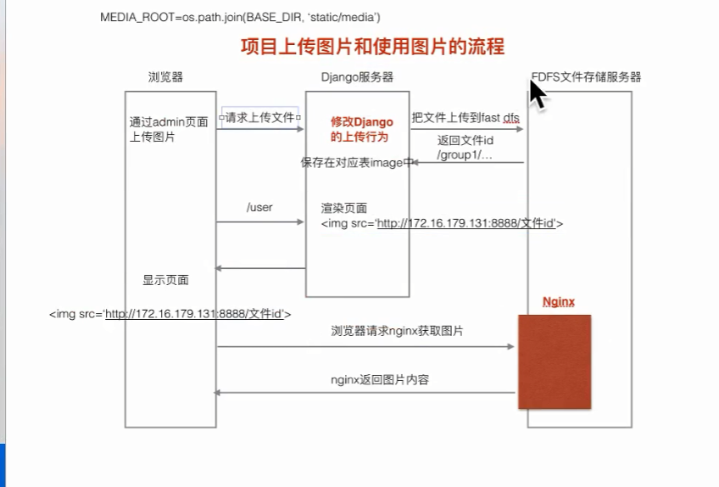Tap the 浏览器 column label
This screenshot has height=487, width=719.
click(x=165, y=77)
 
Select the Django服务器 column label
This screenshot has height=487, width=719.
click(x=357, y=77)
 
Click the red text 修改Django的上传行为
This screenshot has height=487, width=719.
click(x=362, y=129)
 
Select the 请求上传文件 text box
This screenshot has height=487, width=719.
click(x=260, y=119)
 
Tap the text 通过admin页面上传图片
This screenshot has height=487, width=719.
click(x=168, y=129)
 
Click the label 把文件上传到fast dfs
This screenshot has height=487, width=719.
click(x=465, y=117)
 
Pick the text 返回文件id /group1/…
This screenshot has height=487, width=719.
click(x=465, y=148)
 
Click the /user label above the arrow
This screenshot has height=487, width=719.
click(x=259, y=207)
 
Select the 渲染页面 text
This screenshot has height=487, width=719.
click(x=344, y=208)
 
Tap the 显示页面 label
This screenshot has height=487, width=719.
click(x=165, y=280)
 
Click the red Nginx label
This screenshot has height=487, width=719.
click(x=559, y=302)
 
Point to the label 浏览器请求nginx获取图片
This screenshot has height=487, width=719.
click(x=397, y=332)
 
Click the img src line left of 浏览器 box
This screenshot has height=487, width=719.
click(x=170, y=314)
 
